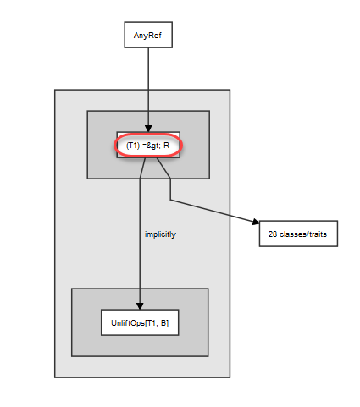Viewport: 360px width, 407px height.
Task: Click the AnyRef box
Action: click(148, 35)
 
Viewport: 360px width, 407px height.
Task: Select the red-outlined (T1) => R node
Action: click(148, 146)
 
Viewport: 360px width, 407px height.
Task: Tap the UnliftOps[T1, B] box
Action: click(140, 322)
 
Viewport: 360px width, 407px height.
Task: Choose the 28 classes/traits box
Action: click(298, 234)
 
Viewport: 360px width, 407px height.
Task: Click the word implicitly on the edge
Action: click(160, 234)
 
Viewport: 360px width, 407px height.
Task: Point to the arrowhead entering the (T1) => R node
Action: click(148, 129)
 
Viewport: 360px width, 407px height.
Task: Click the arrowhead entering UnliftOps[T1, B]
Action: click(140, 306)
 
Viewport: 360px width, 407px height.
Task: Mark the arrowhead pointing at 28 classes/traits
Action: click(256, 223)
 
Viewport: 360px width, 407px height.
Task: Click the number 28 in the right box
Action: click(273, 234)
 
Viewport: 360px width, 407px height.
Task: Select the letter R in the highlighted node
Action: click(166, 146)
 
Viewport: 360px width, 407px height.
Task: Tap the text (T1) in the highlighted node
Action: click(133, 146)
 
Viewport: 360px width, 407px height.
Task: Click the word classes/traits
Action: click(303, 234)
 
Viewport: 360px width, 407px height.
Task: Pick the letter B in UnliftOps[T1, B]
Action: click(163, 322)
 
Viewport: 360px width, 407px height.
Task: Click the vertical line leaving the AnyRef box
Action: click(148, 86)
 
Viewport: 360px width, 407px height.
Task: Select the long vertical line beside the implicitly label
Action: click(140, 240)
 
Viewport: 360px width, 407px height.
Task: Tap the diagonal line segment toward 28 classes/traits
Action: click(212, 212)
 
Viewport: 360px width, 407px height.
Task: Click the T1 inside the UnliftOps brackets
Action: click(152, 322)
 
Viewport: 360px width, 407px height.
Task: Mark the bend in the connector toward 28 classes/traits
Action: click(170, 200)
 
